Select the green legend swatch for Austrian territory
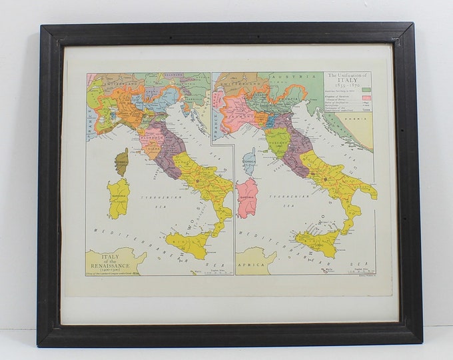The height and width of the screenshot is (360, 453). (x=366, y=89)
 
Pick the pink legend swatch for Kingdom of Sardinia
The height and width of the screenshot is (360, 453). (x=366, y=98)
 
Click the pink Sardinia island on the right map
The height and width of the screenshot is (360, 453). (x=248, y=198)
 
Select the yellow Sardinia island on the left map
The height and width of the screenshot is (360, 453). (x=118, y=198)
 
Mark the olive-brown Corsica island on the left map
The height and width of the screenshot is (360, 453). (x=121, y=161)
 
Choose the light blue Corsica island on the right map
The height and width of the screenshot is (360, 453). (x=249, y=161)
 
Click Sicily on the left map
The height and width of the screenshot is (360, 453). (x=188, y=245)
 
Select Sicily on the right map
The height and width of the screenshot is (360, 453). (x=318, y=241)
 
